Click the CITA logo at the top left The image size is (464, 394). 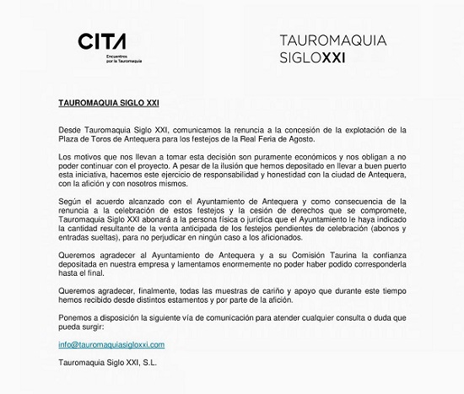click(102, 41)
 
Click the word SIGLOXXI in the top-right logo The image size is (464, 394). click(312, 58)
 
